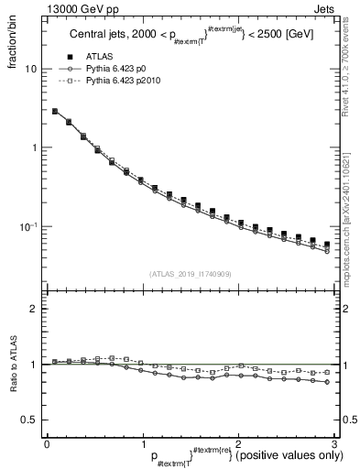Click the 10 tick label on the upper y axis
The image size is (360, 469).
click(x=30, y=70)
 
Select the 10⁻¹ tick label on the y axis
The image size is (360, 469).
click(x=27, y=225)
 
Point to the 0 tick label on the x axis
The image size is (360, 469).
click(x=47, y=443)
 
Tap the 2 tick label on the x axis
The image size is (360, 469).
click(x=238, y=443)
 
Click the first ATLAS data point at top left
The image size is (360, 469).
click(x=55, y=111)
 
